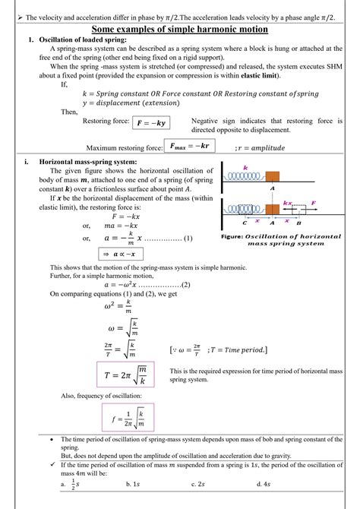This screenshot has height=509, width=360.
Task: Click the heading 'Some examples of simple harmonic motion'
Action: tap(180, 29)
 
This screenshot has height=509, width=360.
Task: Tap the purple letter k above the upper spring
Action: tap(245, 167)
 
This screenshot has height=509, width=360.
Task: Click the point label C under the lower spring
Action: tap(245, 224)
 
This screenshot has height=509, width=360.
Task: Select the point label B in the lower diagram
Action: tap(298, 224)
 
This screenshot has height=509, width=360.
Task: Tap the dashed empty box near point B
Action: tap(297, 210)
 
